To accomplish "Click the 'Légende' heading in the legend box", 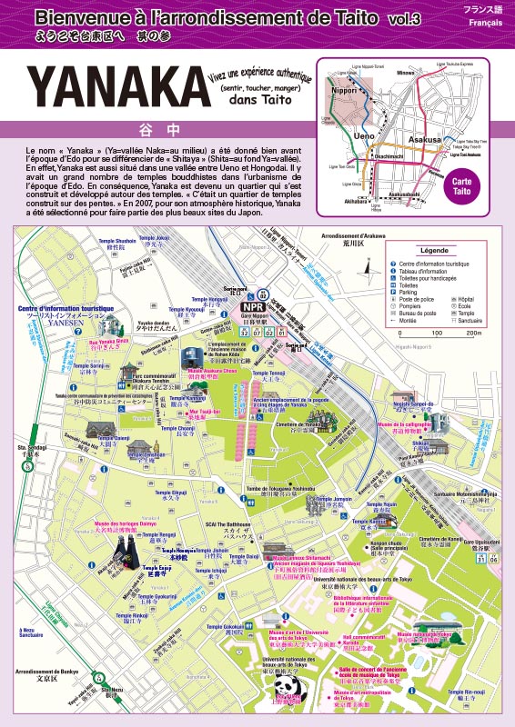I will click(x=434, y=251).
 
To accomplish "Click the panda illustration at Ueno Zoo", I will click(x=288, y=692).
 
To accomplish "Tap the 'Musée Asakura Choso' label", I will click(x=212, y=371).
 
